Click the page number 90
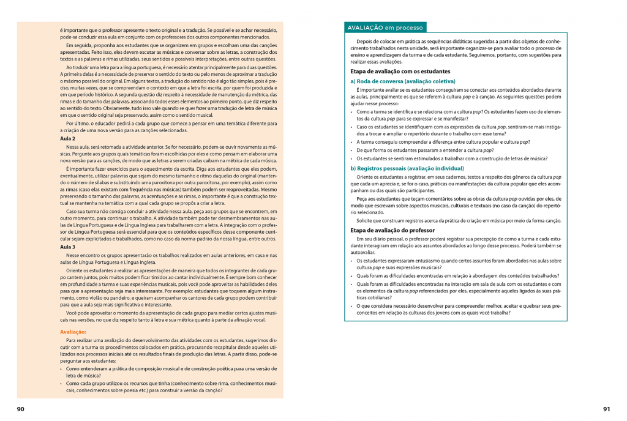click(20, 409)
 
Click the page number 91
click(606, 409)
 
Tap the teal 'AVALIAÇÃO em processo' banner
click(385, 28)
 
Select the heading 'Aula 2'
click(59, 139)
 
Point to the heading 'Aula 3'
click(59, 247)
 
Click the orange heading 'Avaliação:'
click(73, 331)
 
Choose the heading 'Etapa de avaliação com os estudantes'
click(400, 72)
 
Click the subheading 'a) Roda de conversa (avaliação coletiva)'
click(403, 81)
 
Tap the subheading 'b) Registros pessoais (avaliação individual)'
click(407, 168)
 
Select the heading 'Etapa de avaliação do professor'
click(392, 229)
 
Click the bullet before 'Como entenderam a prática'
click(61, 370)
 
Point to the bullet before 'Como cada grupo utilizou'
click(61, 383)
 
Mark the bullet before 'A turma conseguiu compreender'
click(352, 141)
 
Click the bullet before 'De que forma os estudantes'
click(352, 150)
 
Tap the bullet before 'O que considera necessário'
click(352, 306)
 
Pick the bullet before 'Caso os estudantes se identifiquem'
click(352, 126)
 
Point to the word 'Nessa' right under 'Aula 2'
click(72, 147)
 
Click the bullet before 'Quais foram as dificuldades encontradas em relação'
click(352, 275)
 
